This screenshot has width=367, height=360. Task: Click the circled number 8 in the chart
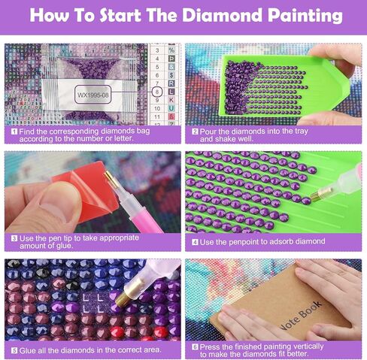pyautogui.click(x=156, y=90)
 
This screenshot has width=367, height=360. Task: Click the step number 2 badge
pyautogui.click(x=194, y=129)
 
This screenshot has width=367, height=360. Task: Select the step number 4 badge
pyautogui.click(x=194, y=241)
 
